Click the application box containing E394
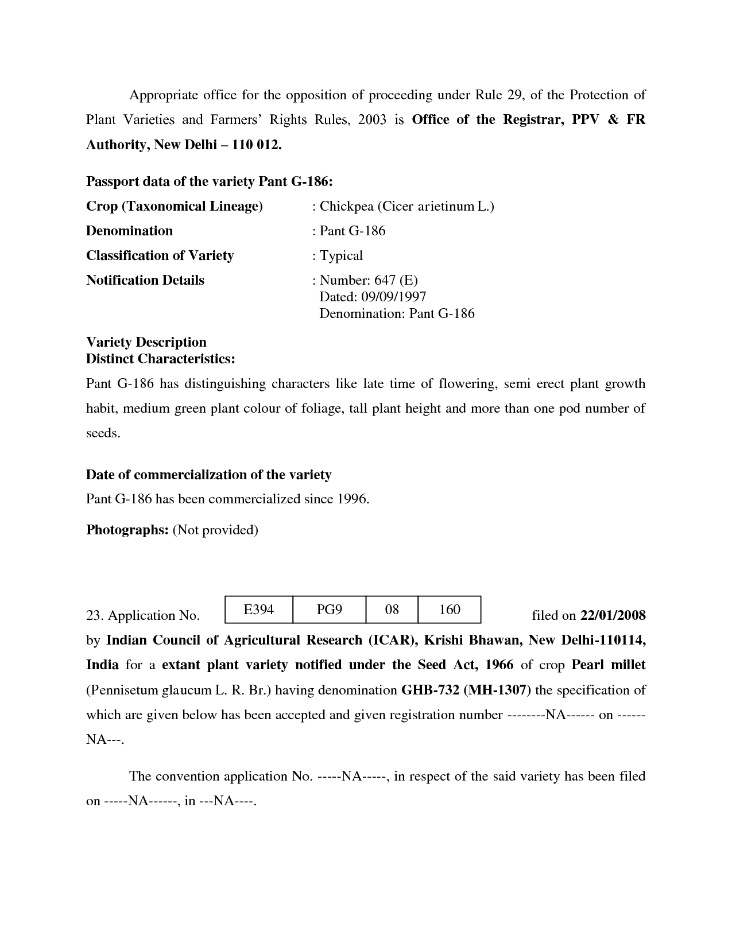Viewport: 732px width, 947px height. point(258,610)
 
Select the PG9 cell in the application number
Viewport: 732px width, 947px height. point(329,610)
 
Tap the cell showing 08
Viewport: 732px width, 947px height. point(392,610)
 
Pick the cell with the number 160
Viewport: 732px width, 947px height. point(450,610)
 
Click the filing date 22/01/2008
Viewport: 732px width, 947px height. point(613,616)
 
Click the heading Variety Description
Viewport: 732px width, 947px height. point(146,342)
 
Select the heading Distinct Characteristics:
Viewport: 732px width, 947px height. point(160,359)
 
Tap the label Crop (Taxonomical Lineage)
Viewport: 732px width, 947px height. point(174,206)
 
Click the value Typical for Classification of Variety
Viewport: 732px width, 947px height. point(341,255)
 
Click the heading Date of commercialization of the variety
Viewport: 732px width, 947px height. point(208,475)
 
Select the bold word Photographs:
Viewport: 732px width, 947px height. point(127,530)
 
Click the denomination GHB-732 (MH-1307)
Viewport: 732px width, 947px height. point(466,690)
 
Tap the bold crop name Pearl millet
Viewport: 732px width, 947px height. point(609,665)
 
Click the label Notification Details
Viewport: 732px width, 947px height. point(145,280)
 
